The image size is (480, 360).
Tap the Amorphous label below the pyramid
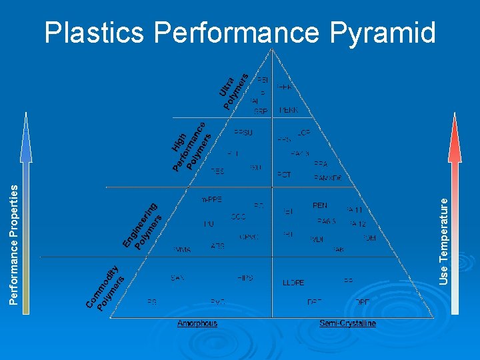coord(197,323)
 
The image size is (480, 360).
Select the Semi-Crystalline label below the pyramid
coord(347,323)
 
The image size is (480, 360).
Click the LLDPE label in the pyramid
coord(294,283)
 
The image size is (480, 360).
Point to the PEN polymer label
coord(320,206)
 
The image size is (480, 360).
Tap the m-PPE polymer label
coord(211,199)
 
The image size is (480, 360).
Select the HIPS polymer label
coord(245,277)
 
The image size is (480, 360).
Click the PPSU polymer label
coord(243,133)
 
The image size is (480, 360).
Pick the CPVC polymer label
coord(249,237)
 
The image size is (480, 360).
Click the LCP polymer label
coord(304,133)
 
